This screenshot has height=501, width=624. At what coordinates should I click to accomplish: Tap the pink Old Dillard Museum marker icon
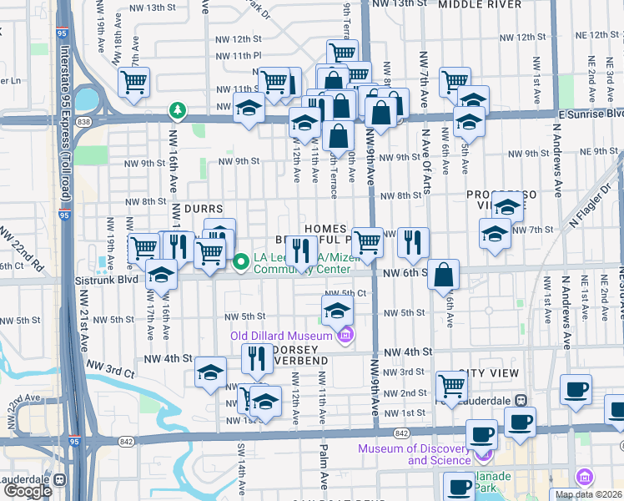click(345, 336)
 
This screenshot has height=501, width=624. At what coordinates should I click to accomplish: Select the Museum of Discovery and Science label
click(414, 454)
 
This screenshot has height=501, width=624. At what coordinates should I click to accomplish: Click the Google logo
click(28, 491)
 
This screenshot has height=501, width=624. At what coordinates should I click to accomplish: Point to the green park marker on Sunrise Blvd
click(177, 109)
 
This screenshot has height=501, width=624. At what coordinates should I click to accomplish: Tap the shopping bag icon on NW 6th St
click(444, 274)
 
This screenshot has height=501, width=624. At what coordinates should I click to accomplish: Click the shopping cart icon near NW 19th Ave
click(133, 82)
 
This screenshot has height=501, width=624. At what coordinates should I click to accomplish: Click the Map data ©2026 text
click(588, 494)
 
